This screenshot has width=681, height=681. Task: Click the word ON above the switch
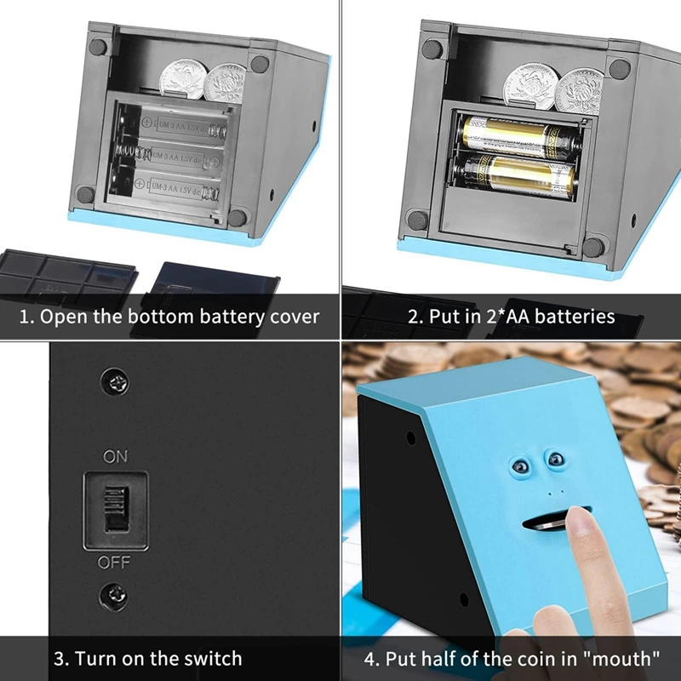point(115,457)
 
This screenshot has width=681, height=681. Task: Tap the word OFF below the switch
point(114,563)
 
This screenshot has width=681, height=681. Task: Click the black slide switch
point(114,508)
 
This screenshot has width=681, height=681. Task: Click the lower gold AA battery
point(518,172)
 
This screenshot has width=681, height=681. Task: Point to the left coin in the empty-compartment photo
point(181,75)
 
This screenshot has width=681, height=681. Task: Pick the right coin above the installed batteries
point(579,88)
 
